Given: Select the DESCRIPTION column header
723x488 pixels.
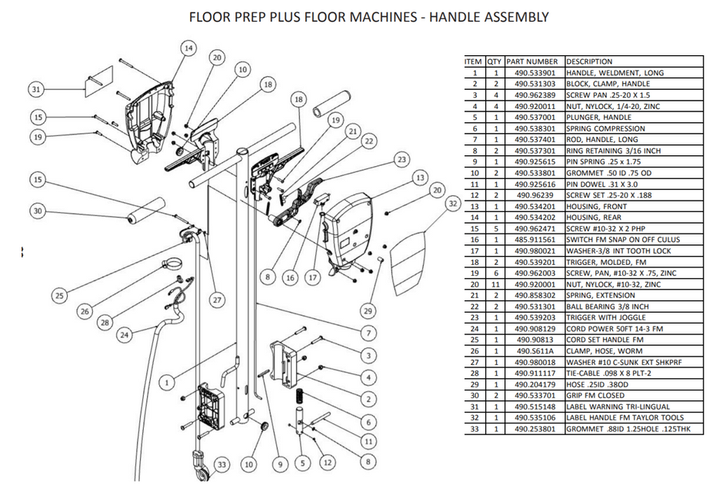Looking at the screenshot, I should (x=589, y=61).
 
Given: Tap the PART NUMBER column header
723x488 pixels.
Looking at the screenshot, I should (x=532, y=61).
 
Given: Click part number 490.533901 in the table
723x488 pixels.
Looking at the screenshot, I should (x=535, y=72).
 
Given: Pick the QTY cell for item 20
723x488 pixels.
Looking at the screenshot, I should (x=496, y=284).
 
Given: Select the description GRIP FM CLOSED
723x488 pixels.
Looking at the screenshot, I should (x=595, y=395).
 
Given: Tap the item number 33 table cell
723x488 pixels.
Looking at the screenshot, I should (x=475, y=428).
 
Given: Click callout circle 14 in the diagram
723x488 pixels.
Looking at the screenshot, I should (x=187, y=48).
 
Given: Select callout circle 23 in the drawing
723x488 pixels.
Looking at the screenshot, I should (x=401, y=159).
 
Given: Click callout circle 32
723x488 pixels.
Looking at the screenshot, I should (x=452, y=204).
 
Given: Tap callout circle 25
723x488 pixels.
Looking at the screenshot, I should (x=59, y=295).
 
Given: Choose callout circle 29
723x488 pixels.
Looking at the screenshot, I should (x=368, y=310).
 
